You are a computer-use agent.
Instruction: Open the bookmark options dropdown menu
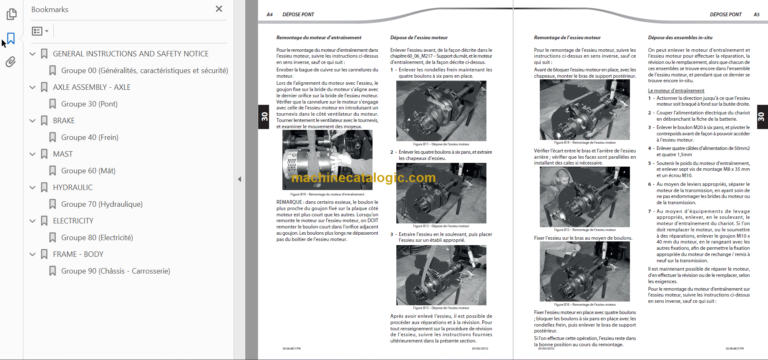(x=40, y=31)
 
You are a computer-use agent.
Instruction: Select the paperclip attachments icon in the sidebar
(x=10, y=61)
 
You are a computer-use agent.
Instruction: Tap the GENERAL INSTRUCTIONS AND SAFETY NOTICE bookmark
(x=130, y=53)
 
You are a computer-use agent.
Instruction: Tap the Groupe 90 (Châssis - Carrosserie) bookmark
(x=129, y=271)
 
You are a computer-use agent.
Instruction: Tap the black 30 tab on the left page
(x=263, y=118)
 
